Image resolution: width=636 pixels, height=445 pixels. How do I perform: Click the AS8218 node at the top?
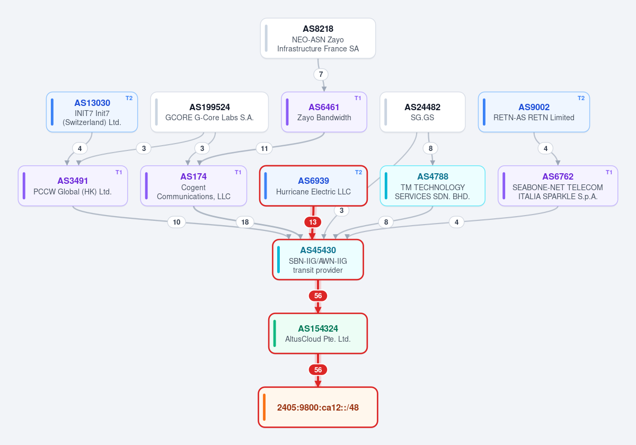318,38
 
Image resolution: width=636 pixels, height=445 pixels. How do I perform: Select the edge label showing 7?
321,74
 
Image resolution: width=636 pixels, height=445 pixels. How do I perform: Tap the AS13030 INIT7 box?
92,112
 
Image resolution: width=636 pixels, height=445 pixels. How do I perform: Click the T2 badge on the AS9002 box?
581,98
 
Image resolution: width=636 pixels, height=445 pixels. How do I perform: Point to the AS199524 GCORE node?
209,112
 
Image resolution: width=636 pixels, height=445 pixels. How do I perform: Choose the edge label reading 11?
264,148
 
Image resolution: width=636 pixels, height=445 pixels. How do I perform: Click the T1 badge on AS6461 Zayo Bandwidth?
358,98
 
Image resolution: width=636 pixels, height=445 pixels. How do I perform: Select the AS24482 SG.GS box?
422,112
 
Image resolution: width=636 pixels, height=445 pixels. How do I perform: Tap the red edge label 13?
313,222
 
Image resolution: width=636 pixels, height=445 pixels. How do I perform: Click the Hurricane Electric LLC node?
313,186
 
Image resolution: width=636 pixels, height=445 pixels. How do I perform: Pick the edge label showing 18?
245,222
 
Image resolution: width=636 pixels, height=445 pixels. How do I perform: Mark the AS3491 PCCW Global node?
73,186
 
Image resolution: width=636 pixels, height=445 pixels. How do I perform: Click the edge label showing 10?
176,222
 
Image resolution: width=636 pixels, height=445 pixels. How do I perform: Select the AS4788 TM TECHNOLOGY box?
432,186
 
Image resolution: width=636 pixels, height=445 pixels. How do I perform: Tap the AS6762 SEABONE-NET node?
558,186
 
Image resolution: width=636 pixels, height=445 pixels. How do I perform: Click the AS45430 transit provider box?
318,260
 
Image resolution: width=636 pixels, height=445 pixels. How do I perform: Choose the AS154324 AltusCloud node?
318,333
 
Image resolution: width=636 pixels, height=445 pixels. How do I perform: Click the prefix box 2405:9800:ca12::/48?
318,407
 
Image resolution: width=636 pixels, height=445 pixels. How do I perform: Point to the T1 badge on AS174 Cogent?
238,172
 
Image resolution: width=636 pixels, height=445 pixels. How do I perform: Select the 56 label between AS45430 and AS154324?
318,296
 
